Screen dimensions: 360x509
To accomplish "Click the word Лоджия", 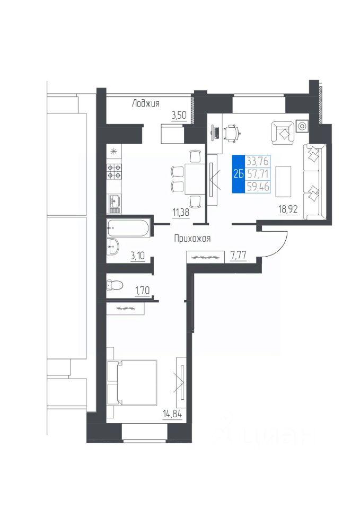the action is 145,103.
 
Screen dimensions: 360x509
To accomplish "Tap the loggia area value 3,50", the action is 179,116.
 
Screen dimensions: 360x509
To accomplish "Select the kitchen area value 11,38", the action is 181,213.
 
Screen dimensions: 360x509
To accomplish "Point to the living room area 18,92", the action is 288,209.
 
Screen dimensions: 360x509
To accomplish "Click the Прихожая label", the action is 192,239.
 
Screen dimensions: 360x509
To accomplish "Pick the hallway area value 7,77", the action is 238,256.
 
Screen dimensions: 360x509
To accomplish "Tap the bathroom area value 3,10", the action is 137,256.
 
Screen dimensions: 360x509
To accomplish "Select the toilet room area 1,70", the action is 142,290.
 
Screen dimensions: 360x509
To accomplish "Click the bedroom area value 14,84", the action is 172,415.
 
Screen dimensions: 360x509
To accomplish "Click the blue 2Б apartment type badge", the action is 238,174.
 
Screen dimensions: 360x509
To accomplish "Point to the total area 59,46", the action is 258,187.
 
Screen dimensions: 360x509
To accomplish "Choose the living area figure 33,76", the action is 258,161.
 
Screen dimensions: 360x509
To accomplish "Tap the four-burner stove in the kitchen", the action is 114,172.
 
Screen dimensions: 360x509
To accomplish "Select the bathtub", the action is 128,228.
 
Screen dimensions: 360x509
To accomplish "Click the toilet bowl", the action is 115,286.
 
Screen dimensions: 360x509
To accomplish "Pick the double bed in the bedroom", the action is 132,382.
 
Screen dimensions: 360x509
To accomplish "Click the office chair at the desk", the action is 232,133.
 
